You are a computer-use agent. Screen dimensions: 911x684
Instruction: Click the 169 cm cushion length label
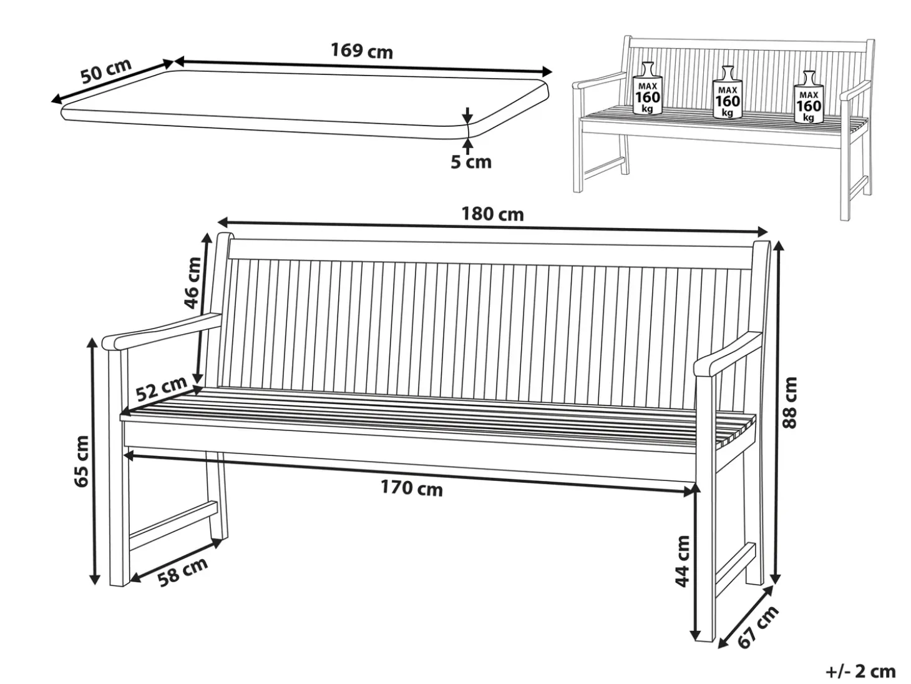pyautogui.click(x=361, y=51)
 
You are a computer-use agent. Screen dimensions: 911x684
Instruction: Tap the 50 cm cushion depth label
pyautogui.click(x=106, y=71)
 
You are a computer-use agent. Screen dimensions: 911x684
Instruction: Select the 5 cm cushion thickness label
pyautogui.click(x=471, y=162)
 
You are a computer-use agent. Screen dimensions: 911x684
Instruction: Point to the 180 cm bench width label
pyautogui.click(x=493, y=214)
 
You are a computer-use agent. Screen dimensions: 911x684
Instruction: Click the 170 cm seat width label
pyautogui.click(x=412, y=488)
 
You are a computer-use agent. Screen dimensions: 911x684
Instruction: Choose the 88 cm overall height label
pyautogui.click(x=789, y=403)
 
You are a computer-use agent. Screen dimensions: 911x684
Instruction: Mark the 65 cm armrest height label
pyautogui.click(x=81, y=462)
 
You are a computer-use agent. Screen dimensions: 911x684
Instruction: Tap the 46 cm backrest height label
pyautogui.click(x=192, y=283)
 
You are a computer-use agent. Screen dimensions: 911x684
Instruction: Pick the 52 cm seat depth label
pyautogui.click(x=162, y=389)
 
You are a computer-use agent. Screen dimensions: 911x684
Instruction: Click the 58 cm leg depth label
pyautogui.click(x=183, y=573)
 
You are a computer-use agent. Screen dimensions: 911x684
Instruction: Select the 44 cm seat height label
pyautogui.click(x=682, y=562)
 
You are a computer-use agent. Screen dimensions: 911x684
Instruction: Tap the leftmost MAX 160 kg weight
pyautogui.click(x=648, y=89)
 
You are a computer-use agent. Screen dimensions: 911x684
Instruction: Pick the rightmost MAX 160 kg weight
pyautogui.click(x=809, y=97)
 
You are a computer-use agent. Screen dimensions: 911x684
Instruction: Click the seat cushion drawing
pyautogui.click(x=305, y=104)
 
